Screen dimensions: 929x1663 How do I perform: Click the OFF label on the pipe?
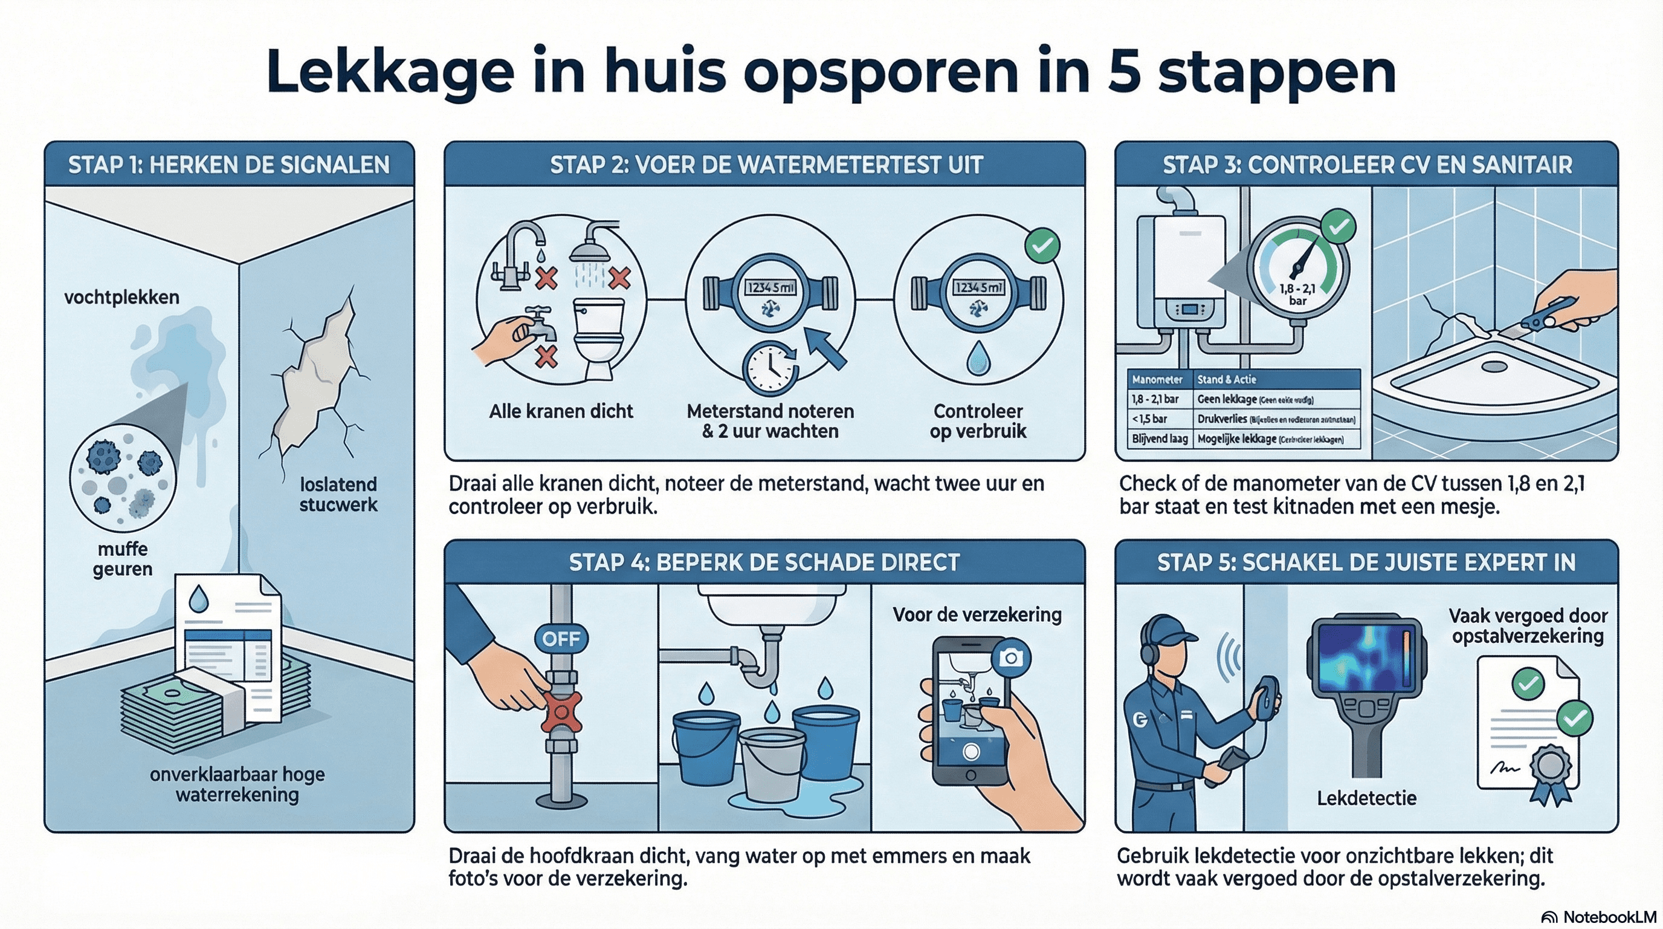[561, 638]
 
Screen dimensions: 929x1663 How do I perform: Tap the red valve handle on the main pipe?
[560, 711]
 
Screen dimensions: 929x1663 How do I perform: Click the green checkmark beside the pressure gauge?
[1338, 227]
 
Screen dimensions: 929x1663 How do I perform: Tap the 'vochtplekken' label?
[121, 297]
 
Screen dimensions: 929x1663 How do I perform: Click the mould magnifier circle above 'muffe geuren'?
[123, 474]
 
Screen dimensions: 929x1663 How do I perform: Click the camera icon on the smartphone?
[1011, 657]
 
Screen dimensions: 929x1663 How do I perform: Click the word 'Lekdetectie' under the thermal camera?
[1367, 798]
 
